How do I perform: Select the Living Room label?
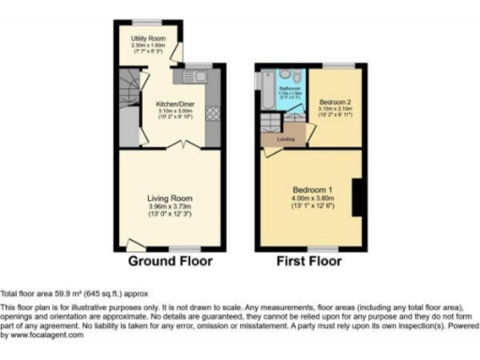tap(170, 198)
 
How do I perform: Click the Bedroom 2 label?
tap(334, 100)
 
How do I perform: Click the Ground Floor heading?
tap(170, 261)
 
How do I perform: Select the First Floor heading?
tap(308, 261)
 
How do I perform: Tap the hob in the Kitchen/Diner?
tap(212, 112)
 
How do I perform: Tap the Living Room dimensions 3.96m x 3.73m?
tap(170, 206)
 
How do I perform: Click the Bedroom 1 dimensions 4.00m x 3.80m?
tap(307, 198)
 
